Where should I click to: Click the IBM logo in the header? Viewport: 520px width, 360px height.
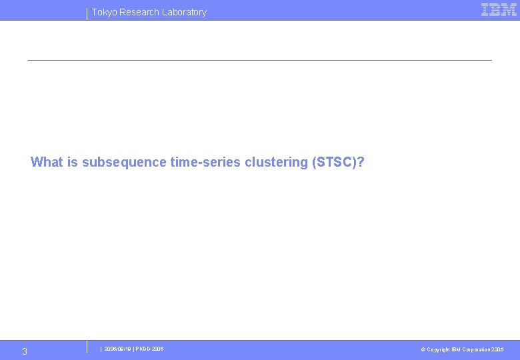[499, 9]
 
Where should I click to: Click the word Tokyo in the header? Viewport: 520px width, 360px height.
[104, 12]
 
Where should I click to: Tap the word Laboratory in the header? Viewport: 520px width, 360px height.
[183, 12]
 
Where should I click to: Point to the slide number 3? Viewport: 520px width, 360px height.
[25, 351]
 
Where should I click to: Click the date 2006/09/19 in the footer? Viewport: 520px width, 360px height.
[117, 349]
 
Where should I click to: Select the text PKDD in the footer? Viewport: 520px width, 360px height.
[144, 349]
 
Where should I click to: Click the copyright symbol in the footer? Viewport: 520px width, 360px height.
[423, 349]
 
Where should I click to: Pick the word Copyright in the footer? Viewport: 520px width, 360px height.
[438, 349]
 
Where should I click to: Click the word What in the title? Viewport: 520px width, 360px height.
[47, 162]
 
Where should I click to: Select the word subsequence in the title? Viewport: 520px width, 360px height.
[124, 162]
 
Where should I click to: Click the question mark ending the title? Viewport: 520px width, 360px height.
[361, 162]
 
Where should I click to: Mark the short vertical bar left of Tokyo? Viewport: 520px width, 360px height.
[87, 13]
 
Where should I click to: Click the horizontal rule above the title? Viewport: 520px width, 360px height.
[259, 61]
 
